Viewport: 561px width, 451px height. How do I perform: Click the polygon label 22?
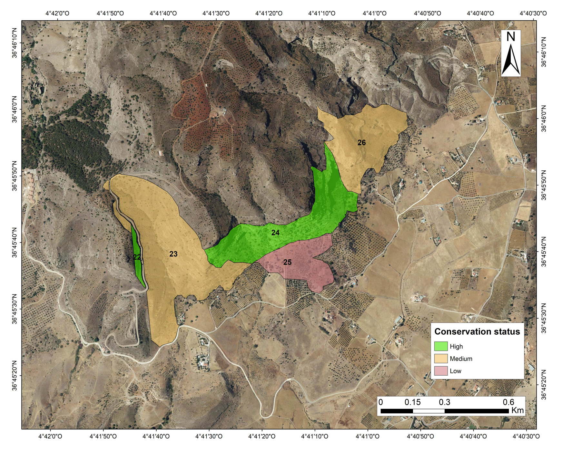click(137, 257)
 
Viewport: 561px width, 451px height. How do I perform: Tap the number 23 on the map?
click(173, 254)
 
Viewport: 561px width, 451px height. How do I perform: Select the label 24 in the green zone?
click(275, 233)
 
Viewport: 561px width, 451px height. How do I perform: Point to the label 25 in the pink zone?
click(287, 262)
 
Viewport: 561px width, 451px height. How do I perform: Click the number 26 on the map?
click(361, 142)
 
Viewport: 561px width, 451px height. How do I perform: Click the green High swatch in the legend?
click(441, 346)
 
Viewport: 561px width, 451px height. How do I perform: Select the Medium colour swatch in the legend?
click(441, 359)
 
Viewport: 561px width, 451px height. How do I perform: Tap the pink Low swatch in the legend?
click(441, 371)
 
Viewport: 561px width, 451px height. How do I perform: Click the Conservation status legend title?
click(477, 331)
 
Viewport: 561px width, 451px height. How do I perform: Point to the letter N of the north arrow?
click(511, 37)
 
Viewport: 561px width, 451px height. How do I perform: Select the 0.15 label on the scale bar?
click(413, 402)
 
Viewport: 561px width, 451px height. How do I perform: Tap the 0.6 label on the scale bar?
click(508, 402)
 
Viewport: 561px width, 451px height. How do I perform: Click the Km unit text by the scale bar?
click(517, 410)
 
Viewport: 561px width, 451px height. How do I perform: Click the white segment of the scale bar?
click(428, 411)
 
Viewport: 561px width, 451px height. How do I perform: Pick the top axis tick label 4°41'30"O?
click(216, 13)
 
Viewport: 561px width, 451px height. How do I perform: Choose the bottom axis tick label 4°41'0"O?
click(368, 437)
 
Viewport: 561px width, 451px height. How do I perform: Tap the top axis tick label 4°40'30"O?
click(533, 13)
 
